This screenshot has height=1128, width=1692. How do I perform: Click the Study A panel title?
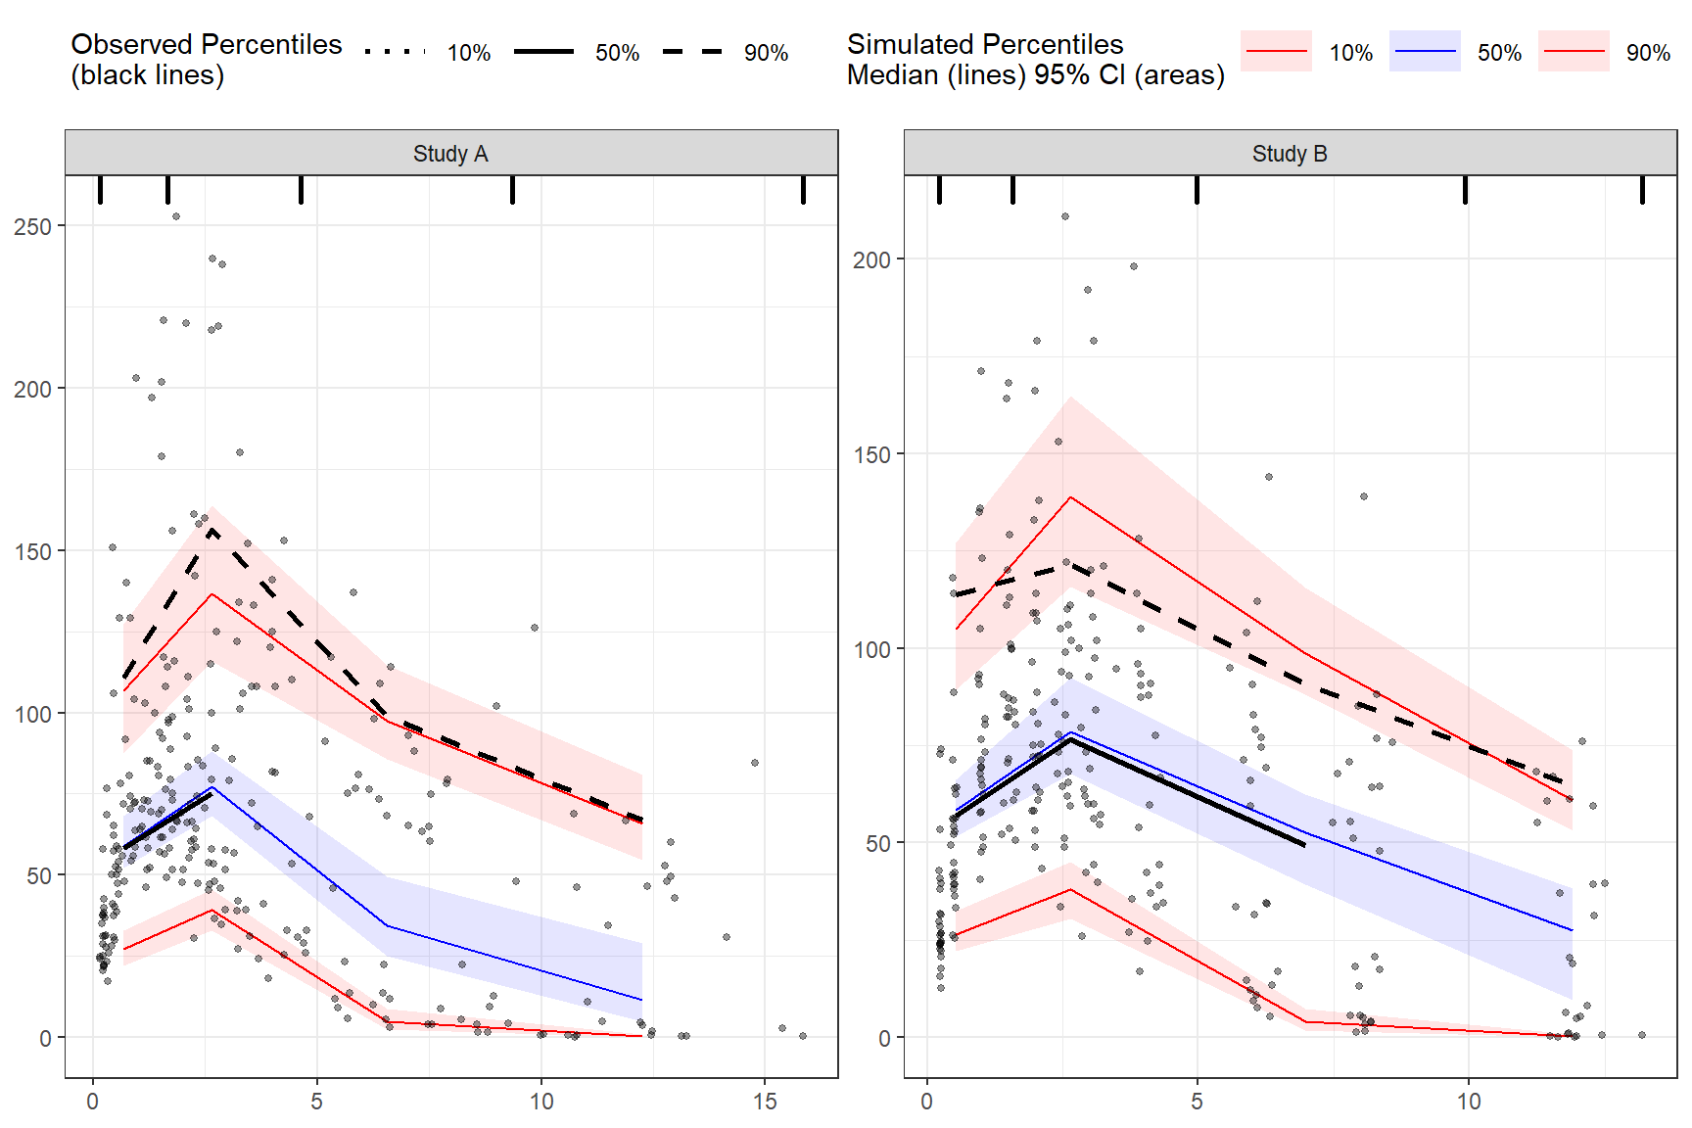(x=450, y=154)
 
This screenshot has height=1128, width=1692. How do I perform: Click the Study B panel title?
(x=1290, y=154)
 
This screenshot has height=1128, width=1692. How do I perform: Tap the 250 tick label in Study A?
(x=32, y=226)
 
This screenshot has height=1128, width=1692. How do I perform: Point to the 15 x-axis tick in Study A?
(x=765, y=1102)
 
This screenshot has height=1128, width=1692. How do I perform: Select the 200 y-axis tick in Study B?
(x=871, y=259)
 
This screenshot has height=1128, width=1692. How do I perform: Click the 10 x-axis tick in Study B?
(x=1468, y=1102)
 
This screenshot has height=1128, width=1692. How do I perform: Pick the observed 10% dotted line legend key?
(x=395, y=52)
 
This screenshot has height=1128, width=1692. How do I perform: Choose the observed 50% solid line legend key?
(x=543, y=52)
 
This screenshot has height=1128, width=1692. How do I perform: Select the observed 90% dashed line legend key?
(x=692, y=52)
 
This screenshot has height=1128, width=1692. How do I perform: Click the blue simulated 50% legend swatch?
(x=1425, y=52)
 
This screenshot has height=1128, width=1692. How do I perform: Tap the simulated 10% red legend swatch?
(x=1276, y=52)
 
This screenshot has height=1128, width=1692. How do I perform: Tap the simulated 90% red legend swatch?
(x=1574, y=52)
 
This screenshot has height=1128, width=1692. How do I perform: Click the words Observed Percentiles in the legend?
(x=207, y=45)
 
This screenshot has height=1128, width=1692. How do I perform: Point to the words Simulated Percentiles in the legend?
(x=985, y=45)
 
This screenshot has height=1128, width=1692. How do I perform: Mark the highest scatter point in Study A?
(x=176, y=216)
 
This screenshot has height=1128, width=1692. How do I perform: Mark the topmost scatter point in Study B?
(x=1065, y=216)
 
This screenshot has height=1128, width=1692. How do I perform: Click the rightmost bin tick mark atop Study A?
(x=803, y=190)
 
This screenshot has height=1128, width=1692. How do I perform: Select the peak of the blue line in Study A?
(x=212, y=787)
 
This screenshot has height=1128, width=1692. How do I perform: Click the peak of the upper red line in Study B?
(x=1071, y=497)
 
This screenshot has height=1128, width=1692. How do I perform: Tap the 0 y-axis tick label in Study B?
(x=884, y=1038)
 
